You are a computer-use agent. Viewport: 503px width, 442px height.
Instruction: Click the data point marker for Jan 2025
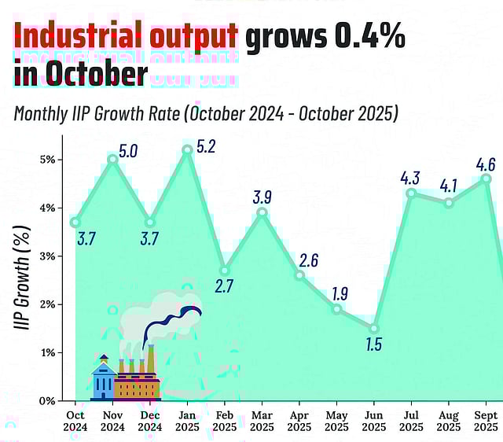click(187, 149)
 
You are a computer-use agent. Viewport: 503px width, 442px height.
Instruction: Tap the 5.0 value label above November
click(128, 150)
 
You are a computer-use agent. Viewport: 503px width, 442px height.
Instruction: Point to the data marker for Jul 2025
click(411, 193)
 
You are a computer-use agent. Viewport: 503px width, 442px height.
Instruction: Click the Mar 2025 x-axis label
click(262, 421)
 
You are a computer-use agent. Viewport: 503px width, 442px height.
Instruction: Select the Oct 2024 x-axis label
click(75, 421)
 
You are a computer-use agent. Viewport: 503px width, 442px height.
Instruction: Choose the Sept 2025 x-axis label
click(486, 421)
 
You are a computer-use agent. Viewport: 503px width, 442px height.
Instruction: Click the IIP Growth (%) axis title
click(24, 276)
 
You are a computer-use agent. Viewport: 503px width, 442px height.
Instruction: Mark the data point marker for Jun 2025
click(374, 329)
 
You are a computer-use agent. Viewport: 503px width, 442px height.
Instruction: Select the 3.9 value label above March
click(263, 197)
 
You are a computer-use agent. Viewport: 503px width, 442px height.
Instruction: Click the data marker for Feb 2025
click(225, 270)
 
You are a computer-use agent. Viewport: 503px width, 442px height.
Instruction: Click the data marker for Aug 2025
click(449, 203)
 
